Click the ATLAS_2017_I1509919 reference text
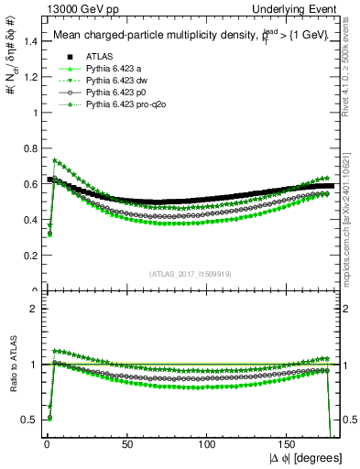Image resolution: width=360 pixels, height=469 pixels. point(190,273)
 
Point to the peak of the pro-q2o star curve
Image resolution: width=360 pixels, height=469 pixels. point(56,160)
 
